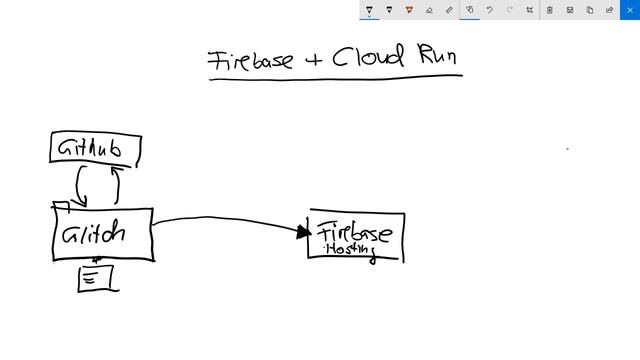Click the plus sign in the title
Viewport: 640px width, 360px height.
(x=314, y=59)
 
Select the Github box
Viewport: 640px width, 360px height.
(x=95, y=149)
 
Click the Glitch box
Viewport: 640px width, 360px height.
(x=102, y=234)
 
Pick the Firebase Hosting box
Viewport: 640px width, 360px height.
(x=356, y=237)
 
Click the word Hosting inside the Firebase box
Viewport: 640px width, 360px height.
(x=350, y=249)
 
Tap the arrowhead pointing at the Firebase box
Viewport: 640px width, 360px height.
(x=304, y=232)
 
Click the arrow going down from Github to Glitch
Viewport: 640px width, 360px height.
(x=81, y=185)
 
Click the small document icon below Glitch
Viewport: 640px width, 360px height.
(x=95, y=278)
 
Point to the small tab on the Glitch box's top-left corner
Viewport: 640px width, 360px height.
(x=60, y=206)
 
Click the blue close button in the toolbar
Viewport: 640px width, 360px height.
(x=629, y=10)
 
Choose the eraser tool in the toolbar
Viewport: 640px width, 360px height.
(x=429, y=10)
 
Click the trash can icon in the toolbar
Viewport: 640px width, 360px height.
(x=549, y=10)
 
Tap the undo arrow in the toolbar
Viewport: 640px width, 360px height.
(x=489, y=10)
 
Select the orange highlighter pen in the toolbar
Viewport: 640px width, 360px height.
(x=409, y=10)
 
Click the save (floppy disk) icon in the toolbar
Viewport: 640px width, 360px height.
(x=569, y=10)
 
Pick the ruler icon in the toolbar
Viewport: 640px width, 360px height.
(x=449, y=10)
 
